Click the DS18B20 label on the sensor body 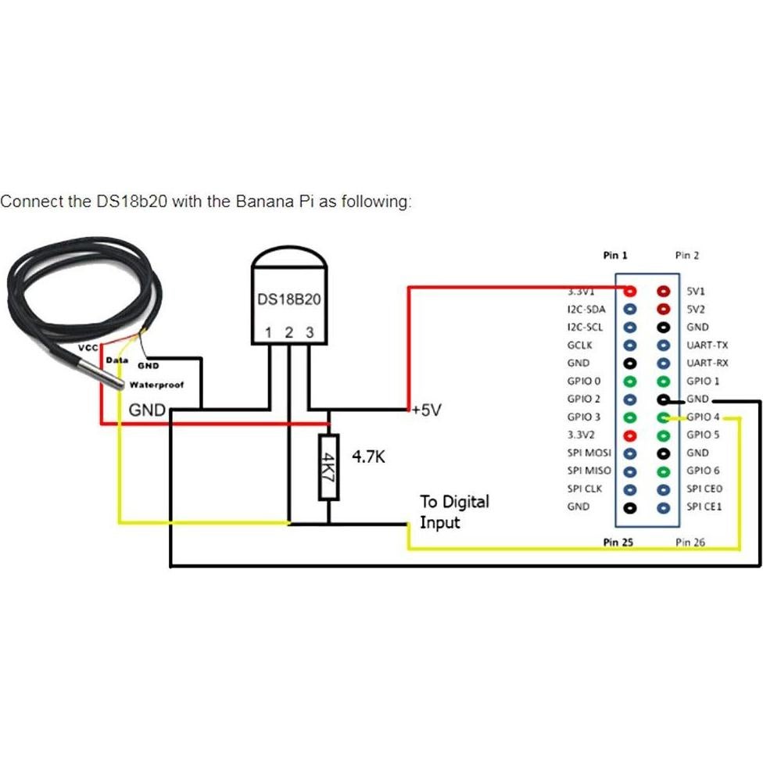click(x=288, y=300)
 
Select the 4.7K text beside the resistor click(x=368, y=457)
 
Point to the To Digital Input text click(x=454, y=511)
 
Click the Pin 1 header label click(x=615, y=255)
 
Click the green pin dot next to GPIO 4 click(x=664, y=417)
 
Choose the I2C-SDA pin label click(x=586, y=309)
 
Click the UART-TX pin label click(x=707, y=345)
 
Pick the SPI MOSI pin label click(x=589, y=453)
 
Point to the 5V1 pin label click(x=696, y=291)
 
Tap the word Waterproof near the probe click(x=156, y=385)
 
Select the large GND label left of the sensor click(x=147, y=410)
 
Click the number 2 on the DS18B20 click(x=288, y=333)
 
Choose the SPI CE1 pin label click(x=704, y=507)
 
